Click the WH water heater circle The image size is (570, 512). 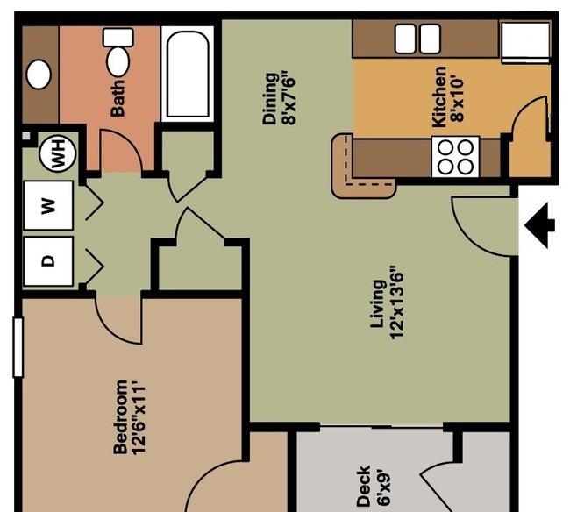(x=57, y=153)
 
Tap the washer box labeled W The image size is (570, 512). (x=49, y=205)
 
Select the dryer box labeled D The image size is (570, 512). (x=49, y=261)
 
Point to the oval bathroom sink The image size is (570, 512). (x=39, y=75)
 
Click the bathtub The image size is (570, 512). (x=188, y=75)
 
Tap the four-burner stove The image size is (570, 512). (x=455, y=157)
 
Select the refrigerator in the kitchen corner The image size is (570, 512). (x=525, y=42)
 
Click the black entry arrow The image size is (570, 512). (x=540, y=225)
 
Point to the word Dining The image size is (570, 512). (x=270, y=99)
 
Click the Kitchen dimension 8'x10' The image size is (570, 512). (x=457, y=98)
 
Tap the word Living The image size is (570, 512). (x=378, y=304)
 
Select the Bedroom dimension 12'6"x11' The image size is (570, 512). (x=139, y=417)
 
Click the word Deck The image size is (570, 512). (x=364, y=486)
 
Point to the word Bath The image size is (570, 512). (x=118, y=98)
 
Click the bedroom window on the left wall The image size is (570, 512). (x=18, y=347)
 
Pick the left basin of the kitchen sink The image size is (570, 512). (x=405, y=39)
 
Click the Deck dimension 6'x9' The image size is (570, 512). (x=383, y=488)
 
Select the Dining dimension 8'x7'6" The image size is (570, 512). (x=289, y=100)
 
